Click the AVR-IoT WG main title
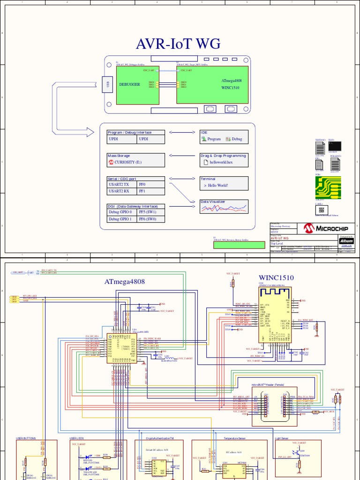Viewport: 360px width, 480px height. [178, 44]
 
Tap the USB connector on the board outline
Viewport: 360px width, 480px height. [108, 85]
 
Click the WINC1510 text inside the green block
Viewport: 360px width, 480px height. [232, 88]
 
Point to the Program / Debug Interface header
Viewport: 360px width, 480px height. [130, 133]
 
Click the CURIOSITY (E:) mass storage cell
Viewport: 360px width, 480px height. [136, 162]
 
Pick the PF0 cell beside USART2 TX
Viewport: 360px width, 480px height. [150, 185]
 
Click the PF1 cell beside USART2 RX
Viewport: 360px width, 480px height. [150, 191]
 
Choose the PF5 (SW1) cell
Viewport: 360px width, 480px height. [150, 212]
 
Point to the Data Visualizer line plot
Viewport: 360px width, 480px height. [224, 209]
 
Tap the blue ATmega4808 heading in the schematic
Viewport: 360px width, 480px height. [125, 282]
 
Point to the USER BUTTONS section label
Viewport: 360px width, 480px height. [26, 438]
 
